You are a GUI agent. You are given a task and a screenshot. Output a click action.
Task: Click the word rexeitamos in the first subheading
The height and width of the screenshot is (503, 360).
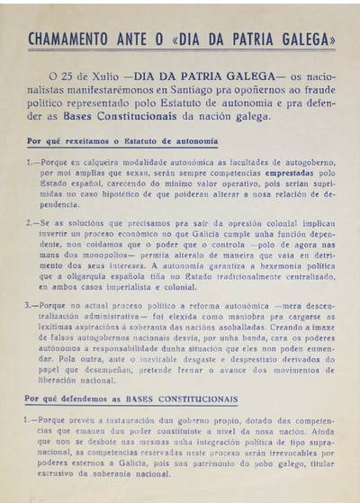click(x=85, y=142)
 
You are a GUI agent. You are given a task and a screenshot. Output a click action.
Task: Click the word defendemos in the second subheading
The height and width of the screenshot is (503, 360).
click(x=89, y=398)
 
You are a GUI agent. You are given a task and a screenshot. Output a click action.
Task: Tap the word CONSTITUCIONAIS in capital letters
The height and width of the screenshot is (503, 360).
click(x=195, y=398)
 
